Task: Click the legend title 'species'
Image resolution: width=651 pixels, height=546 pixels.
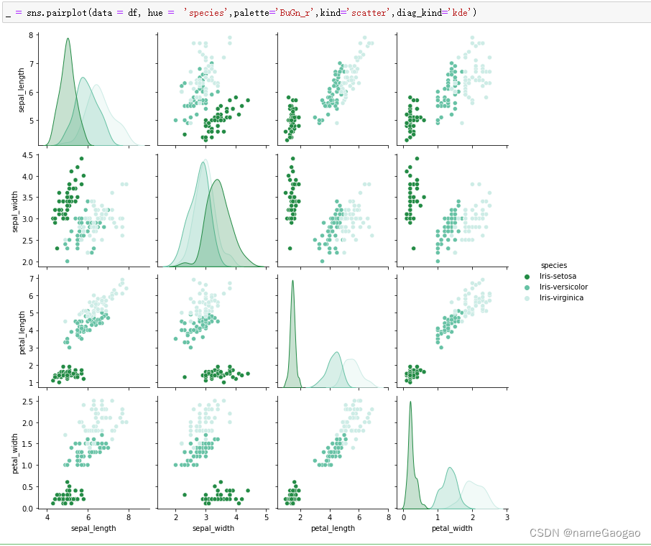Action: pos(553,265)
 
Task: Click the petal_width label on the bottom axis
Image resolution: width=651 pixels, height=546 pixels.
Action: pos(451,528)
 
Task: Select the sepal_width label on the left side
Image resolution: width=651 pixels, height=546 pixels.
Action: pos(17,208)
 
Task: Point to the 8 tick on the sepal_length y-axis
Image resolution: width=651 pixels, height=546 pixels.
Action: pos(33,35)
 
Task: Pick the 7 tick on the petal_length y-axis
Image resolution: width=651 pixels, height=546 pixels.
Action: pos(33,278)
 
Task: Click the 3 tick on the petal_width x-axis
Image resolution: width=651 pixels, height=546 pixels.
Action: pos(507,517)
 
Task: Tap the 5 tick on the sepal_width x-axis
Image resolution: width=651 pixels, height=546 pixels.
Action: pos(267,517)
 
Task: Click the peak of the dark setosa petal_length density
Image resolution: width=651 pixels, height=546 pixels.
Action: pos(292,280)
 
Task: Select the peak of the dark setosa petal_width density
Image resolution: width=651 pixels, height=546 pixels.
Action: pos(410,402)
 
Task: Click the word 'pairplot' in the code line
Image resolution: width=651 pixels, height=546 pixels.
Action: pos(54,13)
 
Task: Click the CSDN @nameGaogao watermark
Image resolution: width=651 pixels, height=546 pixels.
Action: pos(584,533)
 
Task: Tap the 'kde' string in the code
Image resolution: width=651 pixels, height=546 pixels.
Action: pos(460,13)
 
